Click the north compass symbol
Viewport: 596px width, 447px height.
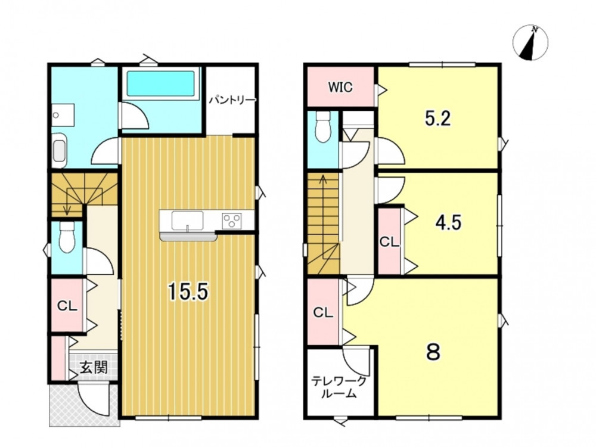pos(530,42)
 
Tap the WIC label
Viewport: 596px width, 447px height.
pos(340,87)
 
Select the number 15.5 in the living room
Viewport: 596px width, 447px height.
pos(188,292)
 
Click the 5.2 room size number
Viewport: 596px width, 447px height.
pos(438,119)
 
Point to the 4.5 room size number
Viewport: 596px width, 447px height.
pos(449,223)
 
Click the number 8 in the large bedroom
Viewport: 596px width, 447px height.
pos(433,352)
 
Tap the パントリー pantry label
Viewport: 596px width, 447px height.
pos(232,100)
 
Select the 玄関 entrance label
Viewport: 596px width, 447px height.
pos(94,367)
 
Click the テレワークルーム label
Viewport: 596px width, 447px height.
pos(339,387)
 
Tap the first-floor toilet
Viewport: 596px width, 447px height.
pos(67,238)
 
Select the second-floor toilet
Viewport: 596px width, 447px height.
pos(324,127)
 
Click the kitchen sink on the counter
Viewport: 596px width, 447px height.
pos(187,221)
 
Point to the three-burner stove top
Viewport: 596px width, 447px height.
pos(232,221)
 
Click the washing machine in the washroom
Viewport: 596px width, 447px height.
pos(59,151)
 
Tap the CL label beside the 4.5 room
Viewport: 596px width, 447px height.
pos(390,242)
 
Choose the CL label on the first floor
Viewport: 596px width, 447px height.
pos(67,306)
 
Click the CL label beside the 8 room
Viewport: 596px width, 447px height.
pos(323,313)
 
